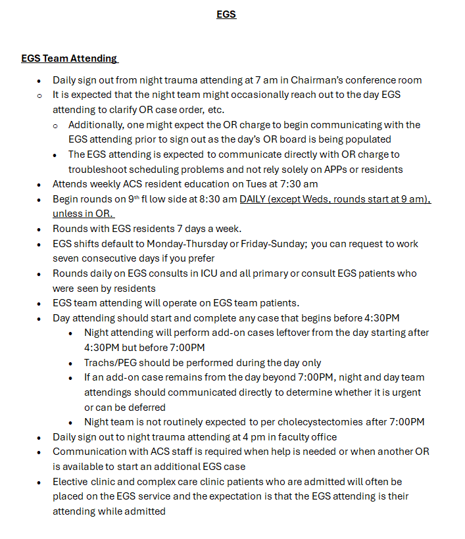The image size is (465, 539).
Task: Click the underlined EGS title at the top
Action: click(226, 14)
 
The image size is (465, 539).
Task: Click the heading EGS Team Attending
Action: click(69, 59)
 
